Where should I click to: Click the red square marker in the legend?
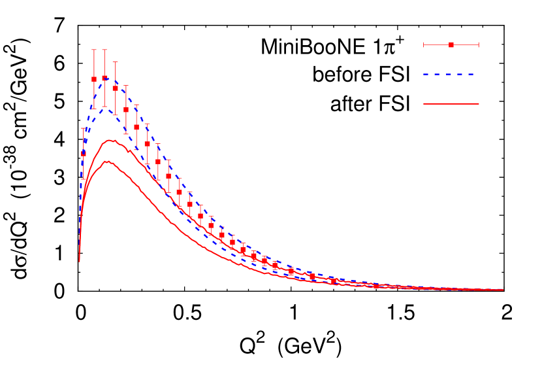point(451,44)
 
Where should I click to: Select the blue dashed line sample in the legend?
point(451,75)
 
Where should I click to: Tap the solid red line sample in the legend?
point(451,104)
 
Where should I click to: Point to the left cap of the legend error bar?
point(424,44)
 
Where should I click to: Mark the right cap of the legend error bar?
point(479,44)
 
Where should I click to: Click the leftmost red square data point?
point(84,154)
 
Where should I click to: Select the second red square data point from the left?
point(94,79)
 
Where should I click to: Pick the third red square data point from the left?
point(104,78)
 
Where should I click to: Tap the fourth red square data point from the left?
point(116,88)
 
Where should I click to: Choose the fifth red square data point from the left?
point(126,110)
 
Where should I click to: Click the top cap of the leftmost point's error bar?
point(84,129)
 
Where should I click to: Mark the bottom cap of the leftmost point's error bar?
point(84,178)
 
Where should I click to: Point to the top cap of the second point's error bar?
point(94,50)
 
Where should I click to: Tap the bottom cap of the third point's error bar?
point(104,107)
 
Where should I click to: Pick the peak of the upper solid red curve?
point(111,140)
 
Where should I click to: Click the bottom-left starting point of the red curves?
point(80,261)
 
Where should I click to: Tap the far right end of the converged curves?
point(503,290)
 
